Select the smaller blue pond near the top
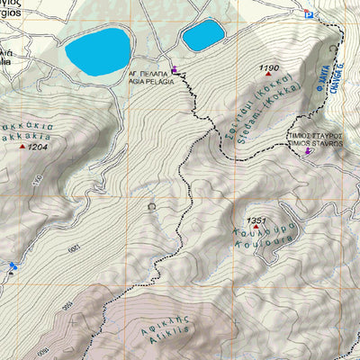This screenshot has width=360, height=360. (202, 36)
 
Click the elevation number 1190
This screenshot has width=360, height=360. (268, 68)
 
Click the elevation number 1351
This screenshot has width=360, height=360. (256, 220)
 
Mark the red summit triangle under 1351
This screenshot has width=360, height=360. (255, 229)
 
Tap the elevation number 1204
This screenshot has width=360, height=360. (37, 146)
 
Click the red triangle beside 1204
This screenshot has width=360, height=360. (22, 146)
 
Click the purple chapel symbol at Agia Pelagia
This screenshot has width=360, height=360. (175, 71)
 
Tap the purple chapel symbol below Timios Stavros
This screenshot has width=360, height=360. (310, 151)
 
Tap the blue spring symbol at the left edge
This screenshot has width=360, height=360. (12, 266)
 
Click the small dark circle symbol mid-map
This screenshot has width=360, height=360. (151, 206)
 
